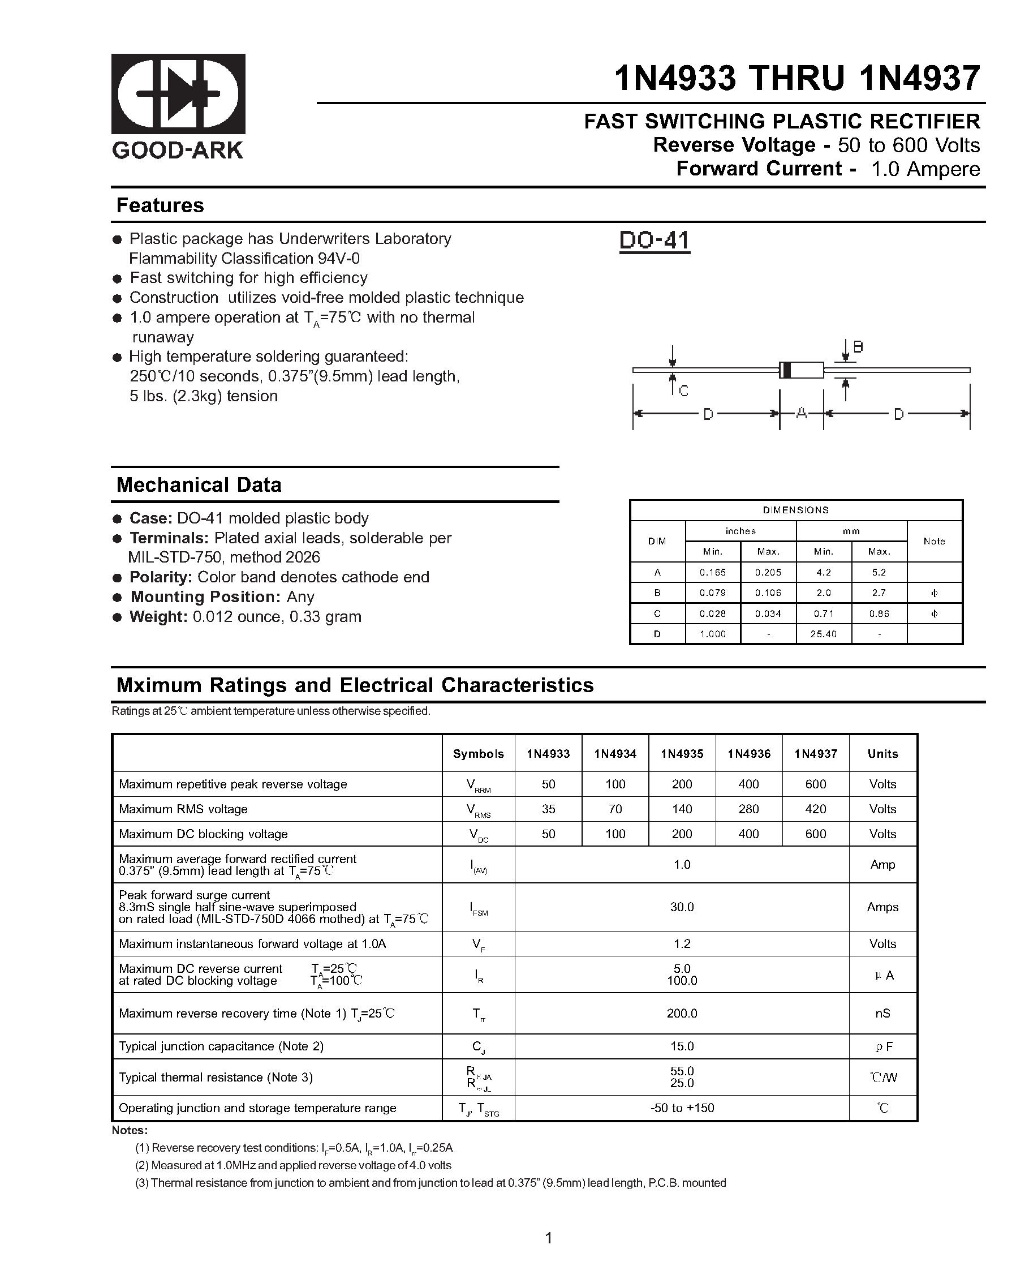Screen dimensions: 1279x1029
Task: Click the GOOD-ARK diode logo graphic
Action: (x=178, y=94)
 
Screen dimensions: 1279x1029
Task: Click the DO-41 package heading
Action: (x=654, y=241)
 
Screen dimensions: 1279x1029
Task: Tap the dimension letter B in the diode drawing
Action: (x=858, y=347)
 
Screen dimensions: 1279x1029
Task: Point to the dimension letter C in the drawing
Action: (x=683, y=391)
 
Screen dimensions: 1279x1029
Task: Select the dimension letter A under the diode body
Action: (x=801, y=414)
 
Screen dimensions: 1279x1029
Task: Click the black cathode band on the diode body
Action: (x=786, y=370)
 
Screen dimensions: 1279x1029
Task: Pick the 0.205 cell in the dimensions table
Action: (x=768, y=573)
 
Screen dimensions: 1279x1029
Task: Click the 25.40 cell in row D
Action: (x=823, y=634)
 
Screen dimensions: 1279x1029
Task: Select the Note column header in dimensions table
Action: (x=934, y=541)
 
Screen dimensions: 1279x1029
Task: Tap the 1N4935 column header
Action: (x=682, y=753)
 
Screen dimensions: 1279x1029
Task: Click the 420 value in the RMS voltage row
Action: (x=816, y=809)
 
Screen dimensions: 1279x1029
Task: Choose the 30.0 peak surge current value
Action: (x=682, y=907)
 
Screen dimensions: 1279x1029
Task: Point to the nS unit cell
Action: (x=882, y=1013)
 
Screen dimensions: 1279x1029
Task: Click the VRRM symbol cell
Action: (x=478, y=786)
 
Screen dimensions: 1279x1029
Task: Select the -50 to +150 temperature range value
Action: (x=682, y=1108)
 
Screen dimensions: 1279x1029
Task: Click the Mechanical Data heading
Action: (x=199, y=484)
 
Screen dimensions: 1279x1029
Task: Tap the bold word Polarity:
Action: (x=161, y=577)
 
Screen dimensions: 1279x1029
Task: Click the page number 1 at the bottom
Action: (x=549, y=1238)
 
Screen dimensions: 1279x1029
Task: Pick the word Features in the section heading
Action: (x=160, y=205)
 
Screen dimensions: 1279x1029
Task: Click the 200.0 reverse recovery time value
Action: (x=682, y=1013)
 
